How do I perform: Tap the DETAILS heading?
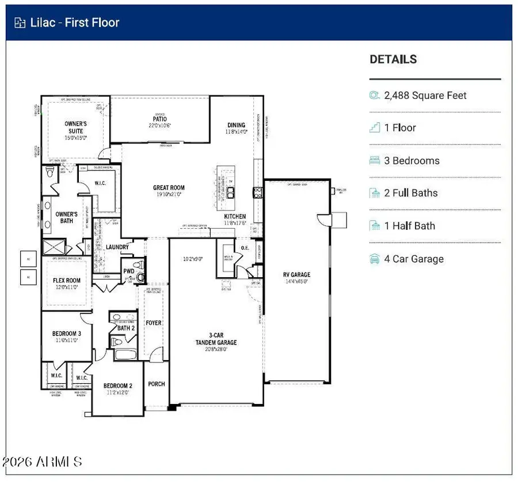393,59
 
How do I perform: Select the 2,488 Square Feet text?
425,96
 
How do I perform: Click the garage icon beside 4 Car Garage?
375,259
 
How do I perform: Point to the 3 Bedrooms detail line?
412,161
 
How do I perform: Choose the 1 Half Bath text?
409,226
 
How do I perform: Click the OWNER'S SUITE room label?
75,127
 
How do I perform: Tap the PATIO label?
160,119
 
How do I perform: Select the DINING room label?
236,125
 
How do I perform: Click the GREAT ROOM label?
169,188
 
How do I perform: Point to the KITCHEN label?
235,217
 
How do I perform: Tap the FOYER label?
153,323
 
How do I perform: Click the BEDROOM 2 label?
118,386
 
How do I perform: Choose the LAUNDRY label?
116,247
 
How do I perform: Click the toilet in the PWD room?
140,277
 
